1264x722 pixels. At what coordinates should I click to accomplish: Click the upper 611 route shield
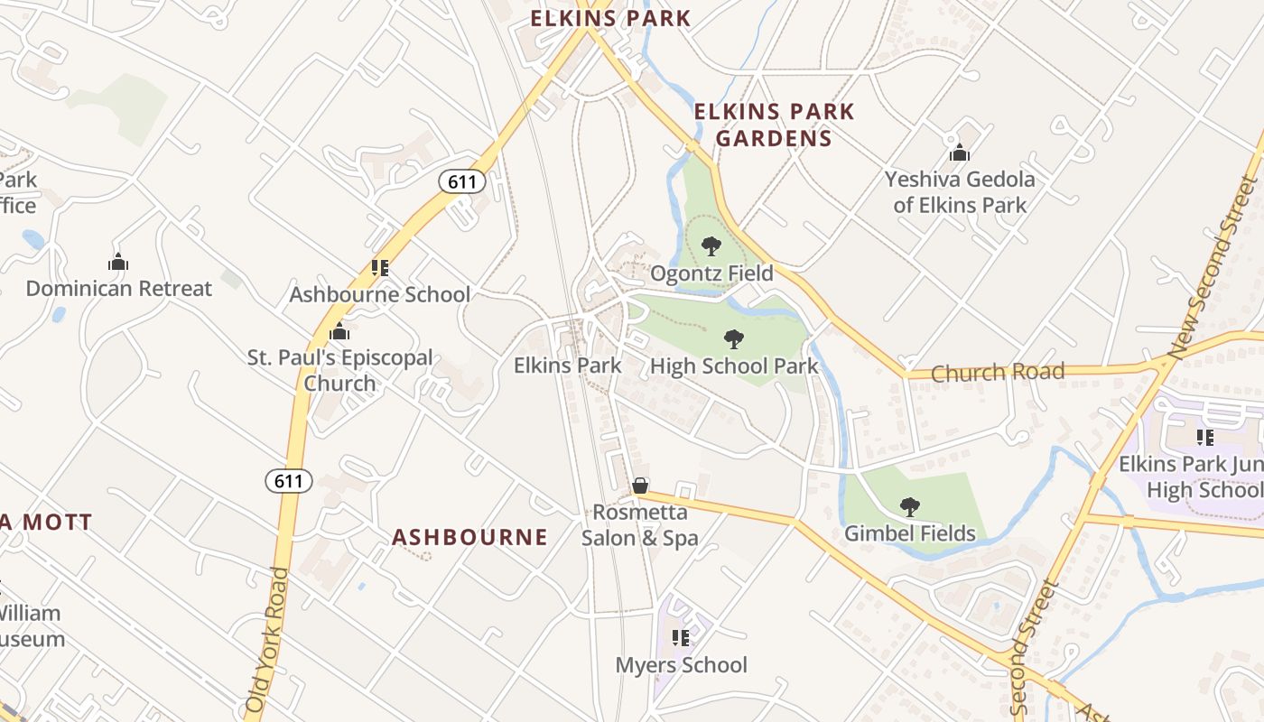click(x=462, y=181)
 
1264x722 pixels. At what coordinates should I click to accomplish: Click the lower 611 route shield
click(x=289, y=481)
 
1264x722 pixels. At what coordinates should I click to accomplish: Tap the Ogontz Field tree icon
click(x=711, y=245)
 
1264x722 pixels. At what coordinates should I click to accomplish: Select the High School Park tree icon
click(x=734, y=339)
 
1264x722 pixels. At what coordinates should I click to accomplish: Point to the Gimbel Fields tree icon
click(x=910, y=507)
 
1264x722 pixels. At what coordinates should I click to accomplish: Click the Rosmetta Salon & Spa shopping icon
click(x=640, y=486)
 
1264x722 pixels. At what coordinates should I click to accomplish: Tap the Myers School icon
click(x=681, y=639)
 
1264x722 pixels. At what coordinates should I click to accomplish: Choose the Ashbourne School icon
click(x=380, y=268)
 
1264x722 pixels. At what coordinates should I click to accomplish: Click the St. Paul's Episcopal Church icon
click(x=339, y=331)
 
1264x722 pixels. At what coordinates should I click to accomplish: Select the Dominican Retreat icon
click(x=118, y=263)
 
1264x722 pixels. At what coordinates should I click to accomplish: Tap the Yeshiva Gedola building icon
click(x=960, y=153)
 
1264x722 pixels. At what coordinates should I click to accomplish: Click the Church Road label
click(x=998, y=372)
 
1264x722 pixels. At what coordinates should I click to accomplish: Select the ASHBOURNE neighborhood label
click(x=469, y=538)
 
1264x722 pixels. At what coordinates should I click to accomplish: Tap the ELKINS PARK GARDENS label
click(x=774, y=125)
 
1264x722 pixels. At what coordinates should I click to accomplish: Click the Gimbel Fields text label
click(x=910, y=534)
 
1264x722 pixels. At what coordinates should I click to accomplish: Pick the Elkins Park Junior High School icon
click(x=1204, y=438)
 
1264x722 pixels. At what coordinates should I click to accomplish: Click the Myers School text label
click(x=682, y=666)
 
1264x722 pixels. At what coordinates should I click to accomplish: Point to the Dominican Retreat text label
click(x=118, y=289)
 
